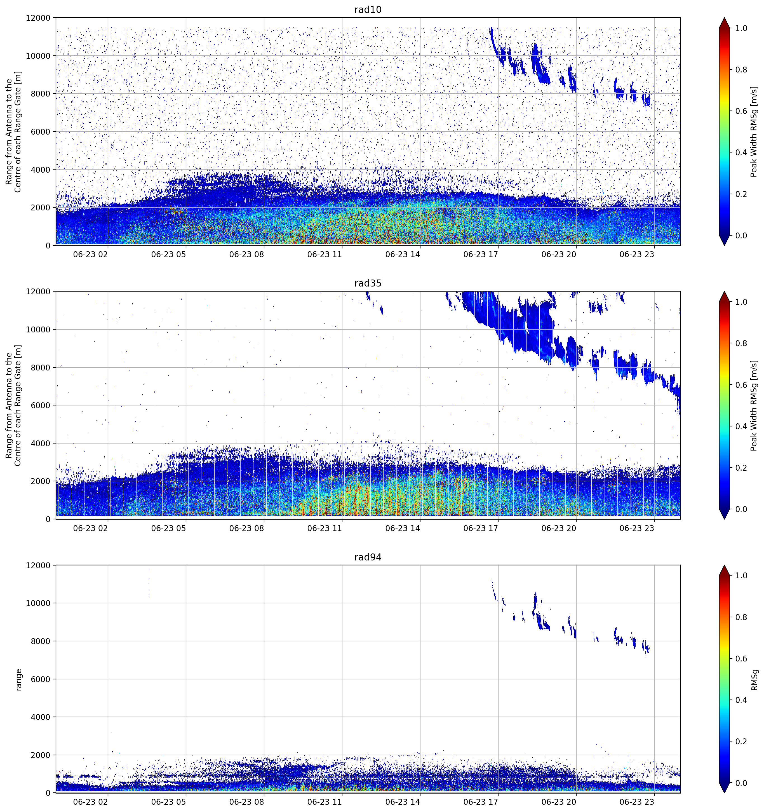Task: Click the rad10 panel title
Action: (x=368, y=10)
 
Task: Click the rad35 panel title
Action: (x=368, y=283)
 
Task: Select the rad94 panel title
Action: (x=368, y=557)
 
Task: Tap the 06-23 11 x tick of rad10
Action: (x=324, y=254)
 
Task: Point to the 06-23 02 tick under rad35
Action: (x=90, y=528)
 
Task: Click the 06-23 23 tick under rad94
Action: (x=637, y=802)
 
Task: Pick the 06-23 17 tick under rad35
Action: (x=481, y=528)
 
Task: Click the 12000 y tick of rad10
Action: (x=38, y=18)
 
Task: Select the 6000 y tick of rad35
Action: (x=41, y=405)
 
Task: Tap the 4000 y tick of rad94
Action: (x=41, y=717)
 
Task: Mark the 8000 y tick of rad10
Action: (x=41, y=93)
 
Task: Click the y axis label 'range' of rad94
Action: (x=18, y=680)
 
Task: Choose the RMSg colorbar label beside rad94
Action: (x=754, y=680)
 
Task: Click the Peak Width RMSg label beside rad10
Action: (x=754, y=132)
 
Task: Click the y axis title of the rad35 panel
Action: (x=13, y=405)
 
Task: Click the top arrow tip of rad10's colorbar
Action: (x=724, y=18)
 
